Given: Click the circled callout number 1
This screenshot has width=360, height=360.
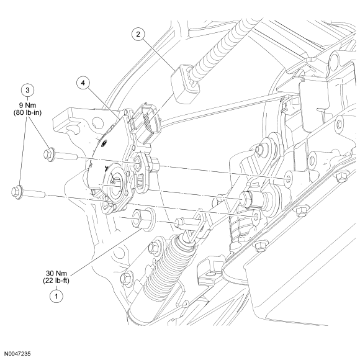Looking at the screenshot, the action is [56, 296].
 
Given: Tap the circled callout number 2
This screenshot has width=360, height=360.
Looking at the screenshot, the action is [138, 34].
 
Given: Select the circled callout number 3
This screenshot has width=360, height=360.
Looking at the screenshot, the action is [27, 90].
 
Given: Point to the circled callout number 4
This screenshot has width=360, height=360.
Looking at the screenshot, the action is [83, 83].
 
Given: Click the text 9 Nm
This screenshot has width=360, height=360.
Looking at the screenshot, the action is [27, 106].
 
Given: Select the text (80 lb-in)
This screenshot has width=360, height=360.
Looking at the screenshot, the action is [27, 113].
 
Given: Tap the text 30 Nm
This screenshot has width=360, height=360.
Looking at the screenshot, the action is [56, 273].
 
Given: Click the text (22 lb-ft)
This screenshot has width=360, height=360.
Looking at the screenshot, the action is [56, 281].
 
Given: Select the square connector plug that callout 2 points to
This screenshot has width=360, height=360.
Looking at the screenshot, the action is [185, 83].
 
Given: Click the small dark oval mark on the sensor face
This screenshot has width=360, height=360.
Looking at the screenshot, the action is [104, 144].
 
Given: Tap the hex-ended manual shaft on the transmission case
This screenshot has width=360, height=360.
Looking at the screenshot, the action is [250, 199].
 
